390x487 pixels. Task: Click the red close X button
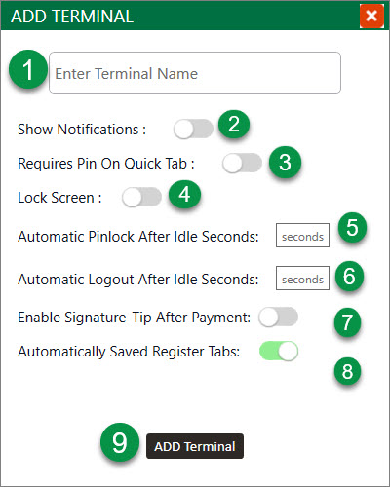pyautogui.click(x=371, y=16)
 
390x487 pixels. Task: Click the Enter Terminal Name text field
pyautogui.click(x=195, y=73)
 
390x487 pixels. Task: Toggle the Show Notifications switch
pyautogui.click(x=193, y=129)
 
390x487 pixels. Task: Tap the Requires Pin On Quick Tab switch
pyautogui.click(x=243, y=163)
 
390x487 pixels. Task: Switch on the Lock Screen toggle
pyautogui.click(x=141, y=197)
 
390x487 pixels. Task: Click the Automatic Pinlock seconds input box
pyautogui.click(x=302, y=236)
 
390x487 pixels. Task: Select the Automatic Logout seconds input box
pyautogui.click(x=302, y=279)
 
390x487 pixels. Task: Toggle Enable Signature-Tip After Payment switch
pyautogui.click(x=279, y=317)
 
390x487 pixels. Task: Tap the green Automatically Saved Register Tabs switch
pyautogui.click(x=279, y=351)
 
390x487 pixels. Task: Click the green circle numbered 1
pyautogui.click(x=28, y=69)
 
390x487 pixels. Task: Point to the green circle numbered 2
pyautogui.click(x=234, y=124)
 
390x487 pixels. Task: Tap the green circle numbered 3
pyautogui.click(x=285, y=162)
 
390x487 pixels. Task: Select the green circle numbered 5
pyautogui.click(x=352, y=227)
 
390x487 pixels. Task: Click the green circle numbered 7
pyautogui.click(x=347, y=322)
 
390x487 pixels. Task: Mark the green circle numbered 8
pyautogui.click(x=347, y=371)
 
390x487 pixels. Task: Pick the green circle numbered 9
pyautogui.click(x=120, y=442)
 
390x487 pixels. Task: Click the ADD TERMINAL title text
pyautogui.click(x=72, y=17)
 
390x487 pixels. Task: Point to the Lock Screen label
pyautogui.click(x=59, y=198)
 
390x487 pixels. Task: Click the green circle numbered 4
pyautogui.click(x=184, y=194)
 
